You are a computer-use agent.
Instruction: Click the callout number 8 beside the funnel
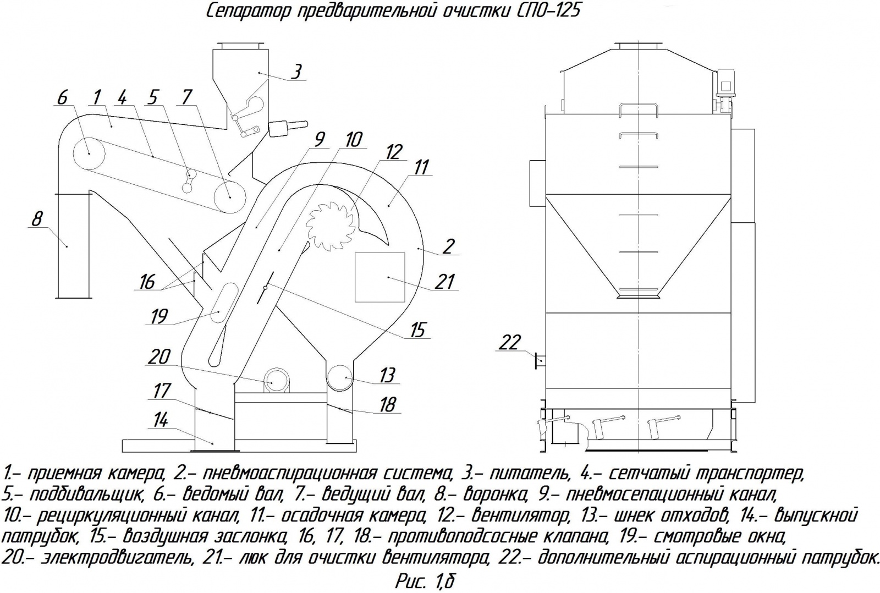(x=36, y=219)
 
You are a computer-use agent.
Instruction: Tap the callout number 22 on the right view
(x=509, y=342)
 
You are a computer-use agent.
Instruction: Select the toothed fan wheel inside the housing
(x=328, y=223)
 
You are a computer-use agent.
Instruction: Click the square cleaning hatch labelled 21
(x=380, y=277)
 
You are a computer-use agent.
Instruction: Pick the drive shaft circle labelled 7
(x=230, y=197)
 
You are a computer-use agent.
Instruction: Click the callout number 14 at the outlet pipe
(x=159, y=421)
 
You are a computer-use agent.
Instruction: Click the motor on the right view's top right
(x=724, y=85)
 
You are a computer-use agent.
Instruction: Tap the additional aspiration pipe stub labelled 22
(x=540, y=360)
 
